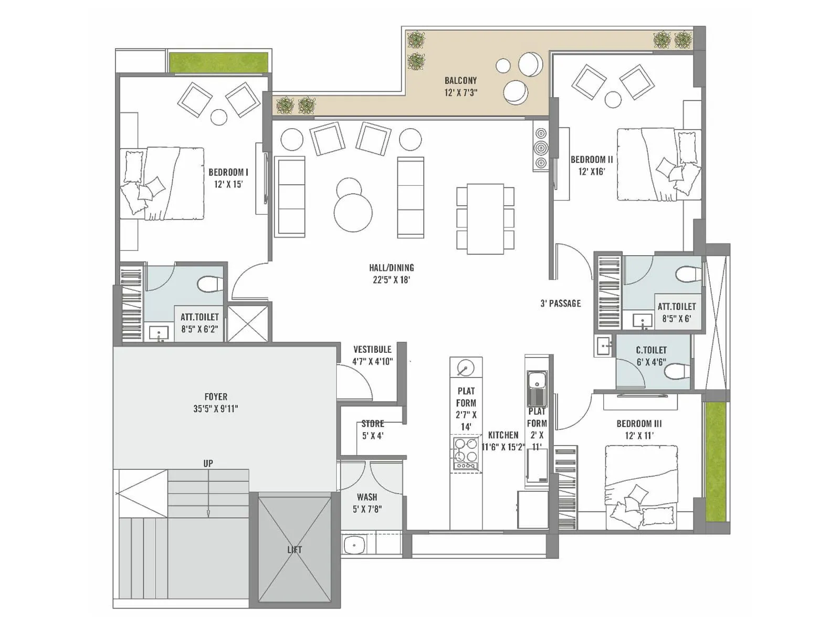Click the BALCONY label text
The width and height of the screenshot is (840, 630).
tap(460, 80)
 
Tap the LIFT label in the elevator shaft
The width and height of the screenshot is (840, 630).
tap(295, 550)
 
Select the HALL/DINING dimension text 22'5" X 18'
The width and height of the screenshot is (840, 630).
tap(391, 280)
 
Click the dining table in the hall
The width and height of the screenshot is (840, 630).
tap(485, 218)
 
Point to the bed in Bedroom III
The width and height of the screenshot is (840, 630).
tap(641, 486)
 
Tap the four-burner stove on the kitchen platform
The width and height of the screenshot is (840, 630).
tap(466, 453)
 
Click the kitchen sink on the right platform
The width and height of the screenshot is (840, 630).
tap(537, 380)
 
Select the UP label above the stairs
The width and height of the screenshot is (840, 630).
tap(208, 464)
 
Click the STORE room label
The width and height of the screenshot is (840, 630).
tap(373, 424)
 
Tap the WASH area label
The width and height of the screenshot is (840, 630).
tap(366, 497)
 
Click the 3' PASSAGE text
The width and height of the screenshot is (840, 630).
tap(561, 303)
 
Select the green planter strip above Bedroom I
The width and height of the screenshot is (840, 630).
tap(218, 62)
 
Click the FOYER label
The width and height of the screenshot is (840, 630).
tap(216, 397)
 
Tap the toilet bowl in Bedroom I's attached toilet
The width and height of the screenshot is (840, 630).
tap(209, 285)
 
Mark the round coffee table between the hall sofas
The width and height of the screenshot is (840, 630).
tap(353, 212)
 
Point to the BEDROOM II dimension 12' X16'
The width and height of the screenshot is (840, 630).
tap(592, 171)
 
